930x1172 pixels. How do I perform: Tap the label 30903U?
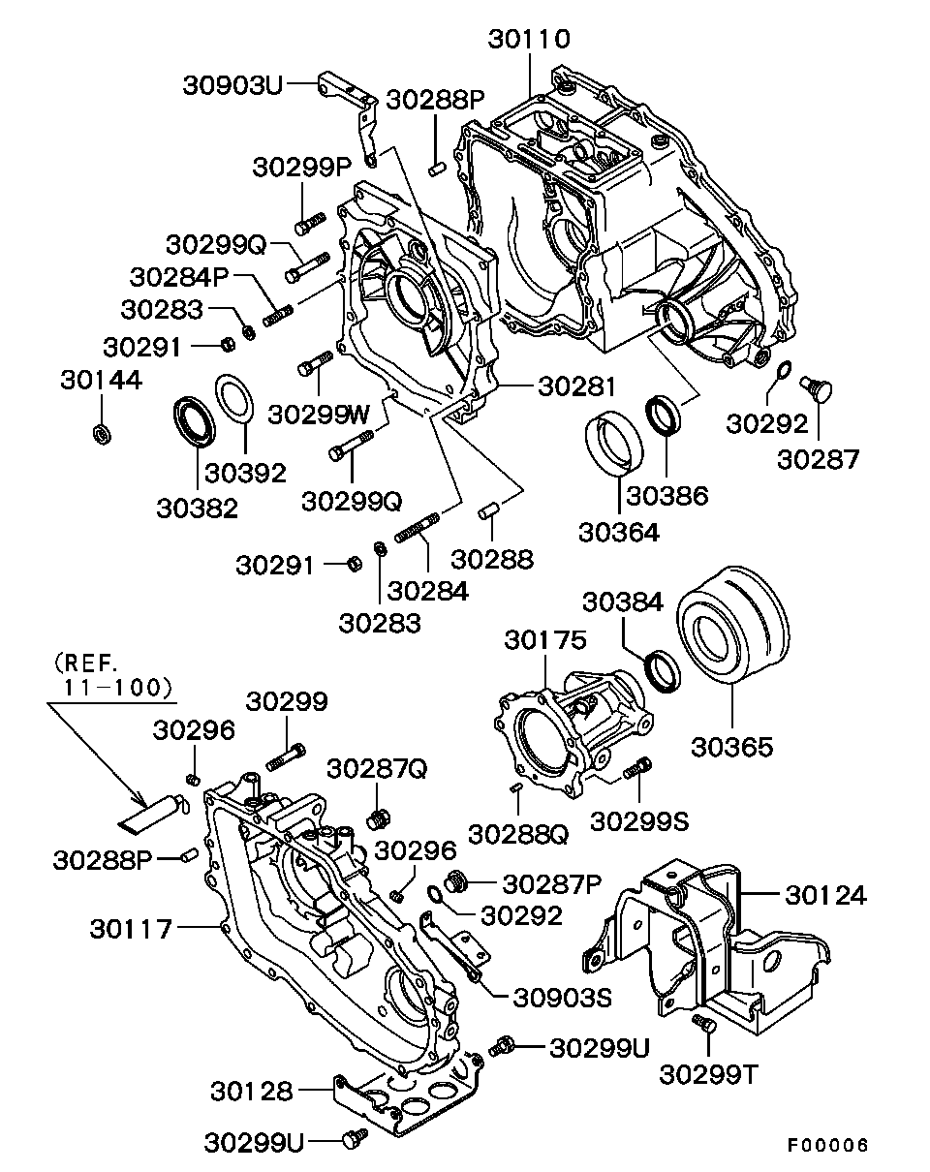(232, 86)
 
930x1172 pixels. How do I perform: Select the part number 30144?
(101, 380)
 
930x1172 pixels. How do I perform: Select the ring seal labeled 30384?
(665, 670)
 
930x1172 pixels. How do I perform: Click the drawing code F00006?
(826, 1145)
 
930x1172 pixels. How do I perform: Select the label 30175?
(544, 641)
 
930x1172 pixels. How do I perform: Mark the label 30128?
(252, 1091)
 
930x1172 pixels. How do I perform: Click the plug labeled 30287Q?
(377, 820)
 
